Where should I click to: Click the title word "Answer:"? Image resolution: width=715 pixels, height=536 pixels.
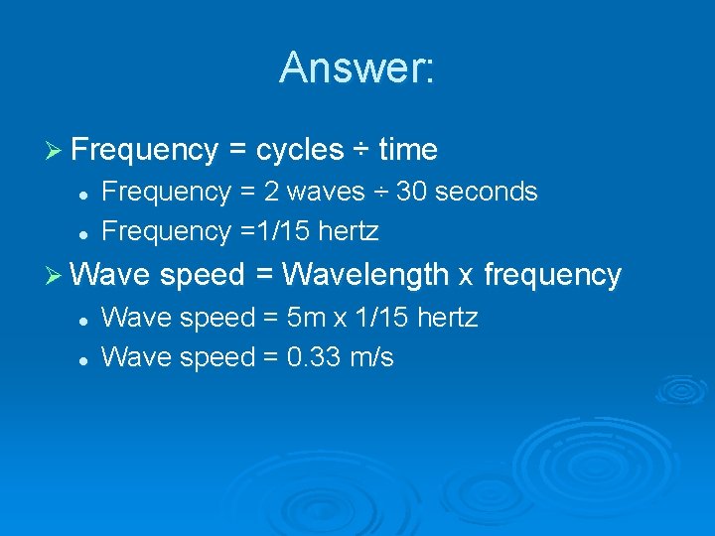(x=357, y=68)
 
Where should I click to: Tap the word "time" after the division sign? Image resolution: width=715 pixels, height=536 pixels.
(x=408, y=150)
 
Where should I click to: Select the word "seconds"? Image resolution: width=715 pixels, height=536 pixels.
(x=485, y=192)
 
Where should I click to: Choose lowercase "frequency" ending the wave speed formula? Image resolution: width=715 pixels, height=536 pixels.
(x=552, y=275)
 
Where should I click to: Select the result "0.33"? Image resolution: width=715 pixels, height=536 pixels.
(x=315, y=357)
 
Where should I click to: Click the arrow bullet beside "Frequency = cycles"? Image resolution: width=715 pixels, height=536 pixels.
(x=56, y=151)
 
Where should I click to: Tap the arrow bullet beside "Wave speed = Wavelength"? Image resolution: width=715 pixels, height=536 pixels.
(x=56, y=275)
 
